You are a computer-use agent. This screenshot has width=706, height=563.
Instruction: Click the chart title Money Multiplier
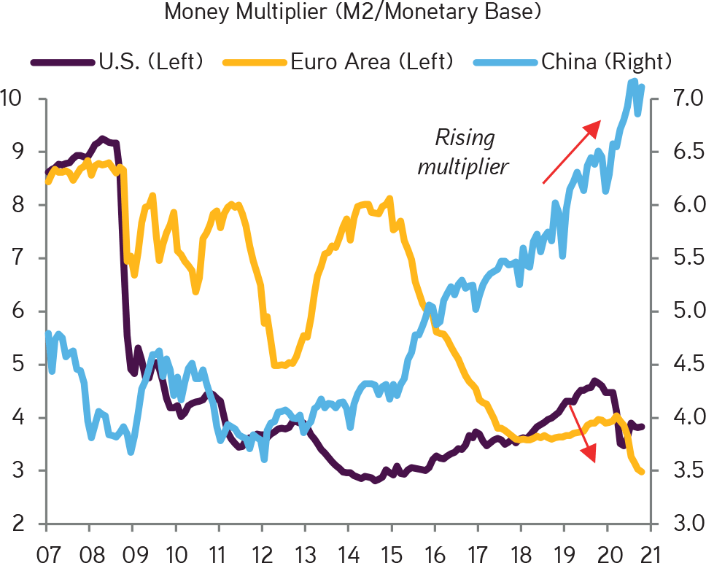(x=353, y=12)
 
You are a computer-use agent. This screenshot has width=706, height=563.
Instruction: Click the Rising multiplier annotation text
(x=464, y=152)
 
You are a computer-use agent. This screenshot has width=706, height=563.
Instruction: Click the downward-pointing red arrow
(x=583, y=434)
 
